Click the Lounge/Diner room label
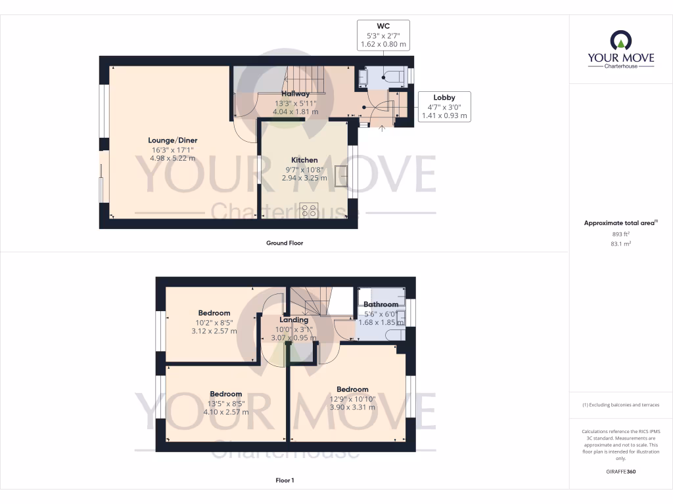click(172, 140)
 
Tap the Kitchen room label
click(304, 160)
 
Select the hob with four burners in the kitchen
click(309, 210)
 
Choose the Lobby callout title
click(444, 98)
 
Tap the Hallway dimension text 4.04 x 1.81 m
click(295, 112)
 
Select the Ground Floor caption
click(285, 243)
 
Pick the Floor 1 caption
click(285, 480)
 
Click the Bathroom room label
click(381, 304)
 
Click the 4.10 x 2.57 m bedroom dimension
click(226, 412)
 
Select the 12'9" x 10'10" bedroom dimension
click(352, 398)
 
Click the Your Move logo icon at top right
click(621, 41)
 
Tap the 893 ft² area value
click(620, 234)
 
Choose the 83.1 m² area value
click(620, 243)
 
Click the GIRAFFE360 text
click(620, 471)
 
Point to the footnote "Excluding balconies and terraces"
click(620, 405)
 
